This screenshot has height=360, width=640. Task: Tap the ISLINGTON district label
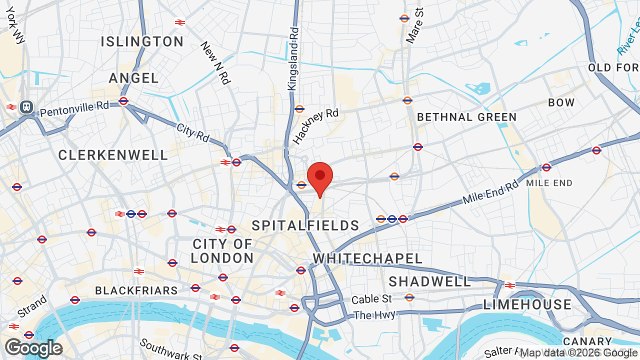click(x=142, y=41)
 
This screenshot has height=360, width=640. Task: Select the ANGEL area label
click(x=134, y=78)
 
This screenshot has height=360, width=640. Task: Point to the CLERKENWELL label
click(x=113, y=155)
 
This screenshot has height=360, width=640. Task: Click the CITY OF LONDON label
click(x=222, y=251)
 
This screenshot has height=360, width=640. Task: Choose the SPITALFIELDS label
click(x=305, y=226)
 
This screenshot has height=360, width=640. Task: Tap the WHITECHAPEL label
click(x=367, y=258)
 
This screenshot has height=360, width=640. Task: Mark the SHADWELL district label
click(x=429, y=282)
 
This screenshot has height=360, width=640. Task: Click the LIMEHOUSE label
click(x=527, y=304)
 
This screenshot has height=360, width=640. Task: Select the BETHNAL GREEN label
click(x=467, y=117)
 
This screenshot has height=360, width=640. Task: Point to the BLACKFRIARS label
click(x=136, y=290)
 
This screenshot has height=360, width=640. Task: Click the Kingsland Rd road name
click(x=293, y=59)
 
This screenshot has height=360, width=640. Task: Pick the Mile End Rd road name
click(x=490, y=192)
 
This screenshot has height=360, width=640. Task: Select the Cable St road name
click(x=371, y=299)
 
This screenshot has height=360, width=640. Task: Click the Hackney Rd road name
click(x=315, y=126)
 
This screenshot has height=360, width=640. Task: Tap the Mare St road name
click(x=415, y=26)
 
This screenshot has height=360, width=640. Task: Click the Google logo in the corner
click(x=33, y=348)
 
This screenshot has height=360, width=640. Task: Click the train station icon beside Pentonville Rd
click(x=26, y=106)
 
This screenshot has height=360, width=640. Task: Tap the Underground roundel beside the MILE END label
click(x=546, y=167)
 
